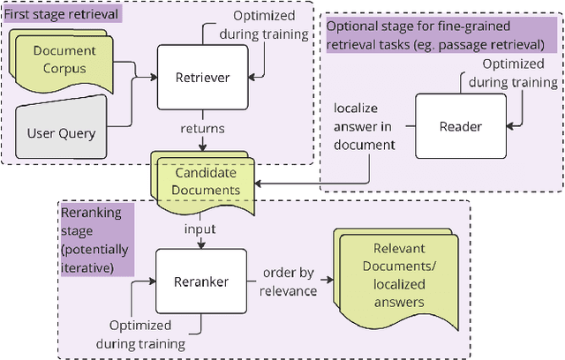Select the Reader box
[x=460, y=126]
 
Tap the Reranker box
[x=202, y=281]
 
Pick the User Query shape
[x=64, y=134]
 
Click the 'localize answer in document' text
[x=365, y=125]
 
